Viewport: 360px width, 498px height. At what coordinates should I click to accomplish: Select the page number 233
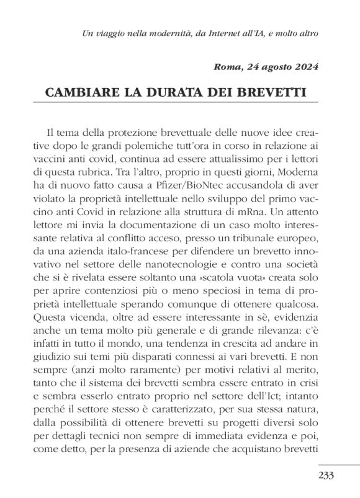pyautogui.click(x=326, y=476)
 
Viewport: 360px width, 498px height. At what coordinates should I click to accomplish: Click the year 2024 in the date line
pyautogui.click(x=304, y=67)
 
